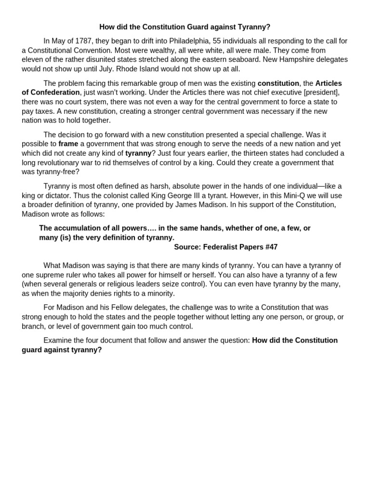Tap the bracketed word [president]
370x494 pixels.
321,92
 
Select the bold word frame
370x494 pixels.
68,144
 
